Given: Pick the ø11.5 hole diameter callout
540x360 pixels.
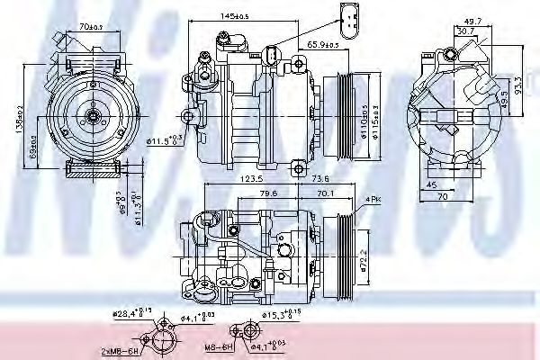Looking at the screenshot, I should tap(165, 139).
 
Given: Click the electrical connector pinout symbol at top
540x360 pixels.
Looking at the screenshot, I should tap(350, 16).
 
